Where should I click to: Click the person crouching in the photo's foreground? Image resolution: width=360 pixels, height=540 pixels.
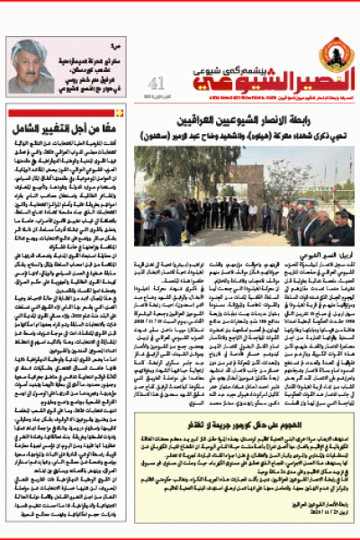click(169, 230)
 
